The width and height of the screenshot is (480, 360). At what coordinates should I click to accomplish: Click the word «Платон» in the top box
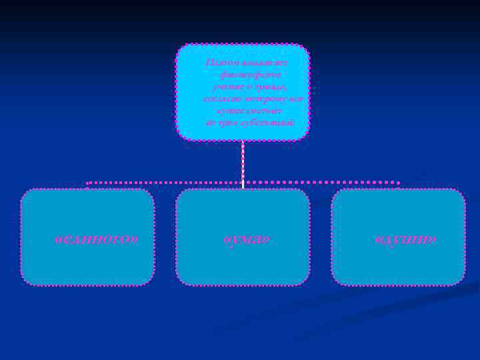221,62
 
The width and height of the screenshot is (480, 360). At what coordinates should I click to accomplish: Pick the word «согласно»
220,99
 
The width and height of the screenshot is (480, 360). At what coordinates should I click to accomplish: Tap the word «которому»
262,99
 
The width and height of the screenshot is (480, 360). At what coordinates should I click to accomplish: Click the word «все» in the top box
295,99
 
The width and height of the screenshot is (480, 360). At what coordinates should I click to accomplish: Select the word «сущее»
230,111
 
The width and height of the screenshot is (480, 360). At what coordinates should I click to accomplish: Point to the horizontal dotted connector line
167,182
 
